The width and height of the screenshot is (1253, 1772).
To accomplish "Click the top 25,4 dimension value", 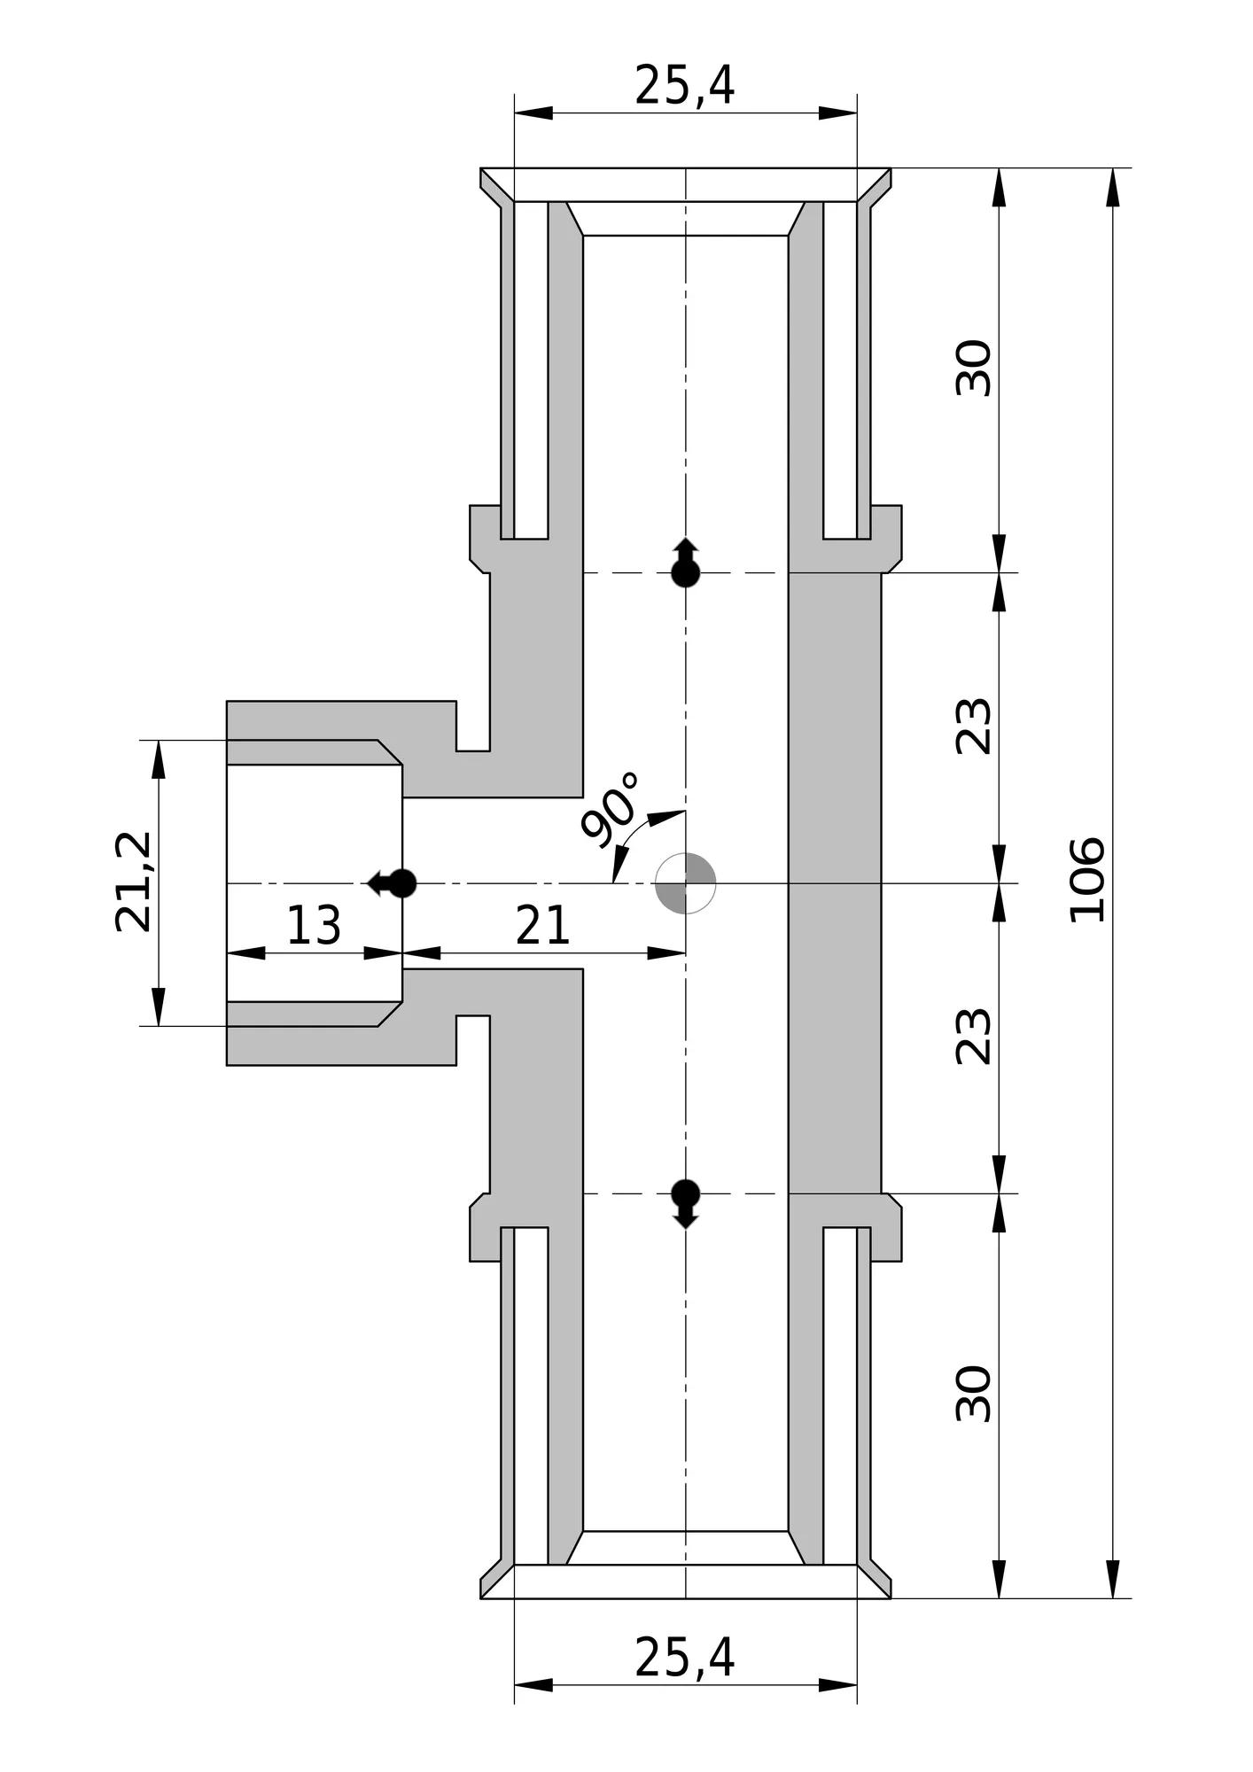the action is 684,86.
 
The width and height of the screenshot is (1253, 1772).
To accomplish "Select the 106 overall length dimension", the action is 1087,880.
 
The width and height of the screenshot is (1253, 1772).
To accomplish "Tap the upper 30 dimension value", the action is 974,368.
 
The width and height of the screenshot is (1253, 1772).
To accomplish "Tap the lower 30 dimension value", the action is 974,1394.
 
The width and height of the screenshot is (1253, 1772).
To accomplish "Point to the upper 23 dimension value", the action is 974,727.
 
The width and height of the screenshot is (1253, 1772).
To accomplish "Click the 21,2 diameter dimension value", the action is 135,882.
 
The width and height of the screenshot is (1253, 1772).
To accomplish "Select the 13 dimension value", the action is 313,926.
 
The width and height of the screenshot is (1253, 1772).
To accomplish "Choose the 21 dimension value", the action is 542,926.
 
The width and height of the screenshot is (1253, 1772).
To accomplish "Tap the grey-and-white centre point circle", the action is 685,883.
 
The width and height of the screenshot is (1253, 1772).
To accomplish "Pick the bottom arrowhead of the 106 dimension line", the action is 1113,1579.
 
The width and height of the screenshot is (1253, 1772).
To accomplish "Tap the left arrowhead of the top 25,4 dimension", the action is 533,113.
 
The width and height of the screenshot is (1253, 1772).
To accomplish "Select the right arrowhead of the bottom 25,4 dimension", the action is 837,1685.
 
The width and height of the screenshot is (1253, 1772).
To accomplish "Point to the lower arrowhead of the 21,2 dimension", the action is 159,1006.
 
